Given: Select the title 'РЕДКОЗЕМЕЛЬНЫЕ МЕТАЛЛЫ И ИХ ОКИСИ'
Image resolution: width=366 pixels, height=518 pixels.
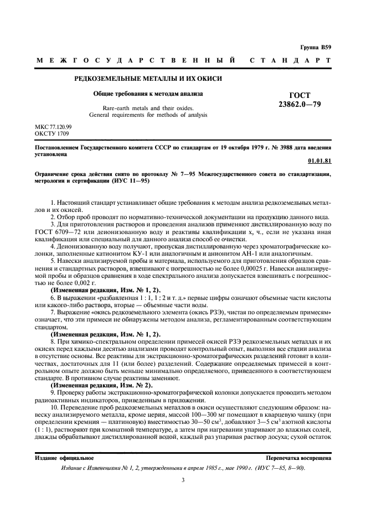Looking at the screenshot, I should [148, 79].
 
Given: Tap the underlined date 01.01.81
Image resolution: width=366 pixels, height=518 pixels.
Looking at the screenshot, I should [319, 162].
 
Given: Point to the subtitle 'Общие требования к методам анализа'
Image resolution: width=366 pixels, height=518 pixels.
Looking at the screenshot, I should [148, 94].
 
